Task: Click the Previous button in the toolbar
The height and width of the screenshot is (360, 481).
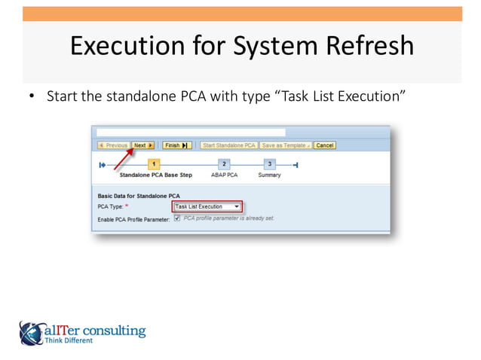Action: pyautogui.click(x=112, y=145)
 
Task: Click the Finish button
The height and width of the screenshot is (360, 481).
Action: pyautogui.click(x=175, y=145)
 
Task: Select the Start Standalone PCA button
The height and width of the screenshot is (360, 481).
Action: pyautogui.click(x=229, y=145)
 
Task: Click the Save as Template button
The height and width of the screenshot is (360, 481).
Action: pyautogui.click(x=286, y=145)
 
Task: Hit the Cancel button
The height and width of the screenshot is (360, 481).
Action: pyautogui.click(x=325, y=145)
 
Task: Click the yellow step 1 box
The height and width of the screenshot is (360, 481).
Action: pyautogui.click(x=154, y=163)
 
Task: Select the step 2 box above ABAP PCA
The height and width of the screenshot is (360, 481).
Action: pyautogui.click(x=223, y=163)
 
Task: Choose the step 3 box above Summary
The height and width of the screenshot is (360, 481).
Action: pyautogui.click(x=270, y=163)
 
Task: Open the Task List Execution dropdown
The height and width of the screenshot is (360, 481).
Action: pyautogui.click(x=237, y=206)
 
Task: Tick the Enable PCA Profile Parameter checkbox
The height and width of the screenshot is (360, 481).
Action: pyautogui.click(x=176, y=218)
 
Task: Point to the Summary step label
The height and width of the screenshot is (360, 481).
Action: pyautogui.click(x=269, y=175)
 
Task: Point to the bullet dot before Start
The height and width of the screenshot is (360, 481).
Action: pyautogui.click(x=32, y=98)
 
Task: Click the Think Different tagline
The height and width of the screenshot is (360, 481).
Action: pyautogui.click(x=69, y=340)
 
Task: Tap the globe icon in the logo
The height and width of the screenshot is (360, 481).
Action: pyautogui.click(x=32, y=332)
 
